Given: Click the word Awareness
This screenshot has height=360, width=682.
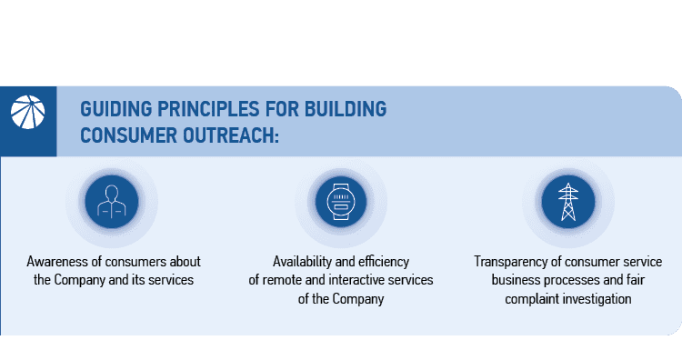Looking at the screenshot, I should pyautogui.click(x=56, y=262).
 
